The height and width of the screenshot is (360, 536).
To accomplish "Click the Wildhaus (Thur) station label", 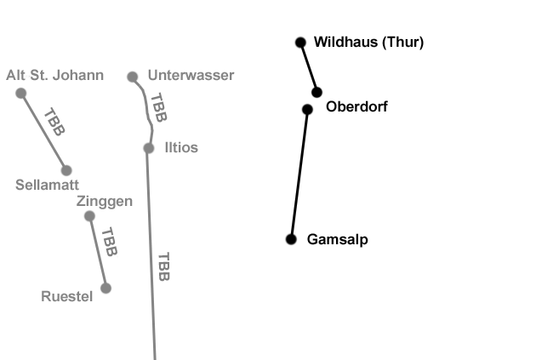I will click(x=368, y=42).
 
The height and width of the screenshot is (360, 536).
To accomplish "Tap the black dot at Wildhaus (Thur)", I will click(x=300, y=42).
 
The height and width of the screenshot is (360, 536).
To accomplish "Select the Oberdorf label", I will click(x=356, y=107).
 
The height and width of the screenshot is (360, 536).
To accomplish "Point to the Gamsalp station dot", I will click(x=291, y=239).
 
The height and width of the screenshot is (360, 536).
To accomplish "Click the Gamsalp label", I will click(x=337, y=240).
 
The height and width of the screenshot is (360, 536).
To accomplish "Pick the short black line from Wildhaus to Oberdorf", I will click(x=308, y=66).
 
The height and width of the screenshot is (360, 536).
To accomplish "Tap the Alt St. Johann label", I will click(x=54, y=76).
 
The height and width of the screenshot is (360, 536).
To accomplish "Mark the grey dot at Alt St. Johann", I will click(x=21, y=93).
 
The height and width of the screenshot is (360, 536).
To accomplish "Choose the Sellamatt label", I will click(x=48, y=184).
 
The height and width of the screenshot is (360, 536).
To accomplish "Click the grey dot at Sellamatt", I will click(x=66, y=170).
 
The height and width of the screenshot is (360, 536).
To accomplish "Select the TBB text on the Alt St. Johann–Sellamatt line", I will click(x=54, y=122).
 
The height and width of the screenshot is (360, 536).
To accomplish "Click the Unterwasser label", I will click(x=191, y=76).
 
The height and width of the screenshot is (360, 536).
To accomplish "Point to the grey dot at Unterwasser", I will click(x=133, y=77).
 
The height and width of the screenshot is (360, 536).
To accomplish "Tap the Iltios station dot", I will click(x=149, y=148).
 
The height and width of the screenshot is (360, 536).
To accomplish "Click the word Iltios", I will click(x=180, y=148).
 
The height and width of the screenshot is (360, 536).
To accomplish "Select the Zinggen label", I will click(x=105, y=202).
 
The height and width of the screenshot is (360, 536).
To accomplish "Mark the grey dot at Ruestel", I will click(x=105, y=288).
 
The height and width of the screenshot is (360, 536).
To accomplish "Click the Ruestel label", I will click(x=67, y=296).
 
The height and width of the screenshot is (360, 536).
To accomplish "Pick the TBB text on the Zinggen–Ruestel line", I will click(x=108, y=242).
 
